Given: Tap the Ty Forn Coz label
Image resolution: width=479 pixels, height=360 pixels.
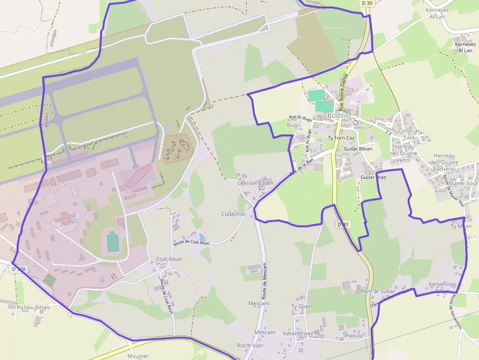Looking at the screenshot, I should click(341, 138).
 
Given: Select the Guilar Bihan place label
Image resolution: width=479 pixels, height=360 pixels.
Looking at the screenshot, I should click(358, 149).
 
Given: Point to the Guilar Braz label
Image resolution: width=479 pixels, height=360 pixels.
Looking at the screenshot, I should click(373, 177).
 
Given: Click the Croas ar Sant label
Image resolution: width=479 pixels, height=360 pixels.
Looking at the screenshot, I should click(409, 134).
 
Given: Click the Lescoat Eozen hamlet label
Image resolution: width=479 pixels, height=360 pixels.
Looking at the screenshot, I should click(255, 183).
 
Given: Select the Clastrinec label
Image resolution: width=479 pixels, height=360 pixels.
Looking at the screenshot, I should click(234, 214).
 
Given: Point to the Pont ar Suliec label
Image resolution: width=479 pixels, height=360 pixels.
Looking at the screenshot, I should click(378, 291).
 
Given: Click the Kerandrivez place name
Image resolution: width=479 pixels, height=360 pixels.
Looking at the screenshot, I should click(298, 333).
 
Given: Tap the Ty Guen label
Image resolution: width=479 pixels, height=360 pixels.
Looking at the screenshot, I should click(301, 306).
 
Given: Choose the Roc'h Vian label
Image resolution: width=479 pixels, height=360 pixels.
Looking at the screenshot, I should click(250, 345).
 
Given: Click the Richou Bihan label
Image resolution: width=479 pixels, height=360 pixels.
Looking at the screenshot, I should click(33, 307).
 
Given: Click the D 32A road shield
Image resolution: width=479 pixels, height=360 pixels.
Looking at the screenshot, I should click(19, 269).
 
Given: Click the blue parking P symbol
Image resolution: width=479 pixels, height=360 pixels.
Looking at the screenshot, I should click(75, 221).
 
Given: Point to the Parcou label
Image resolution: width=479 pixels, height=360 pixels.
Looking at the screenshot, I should click(354, 336).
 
